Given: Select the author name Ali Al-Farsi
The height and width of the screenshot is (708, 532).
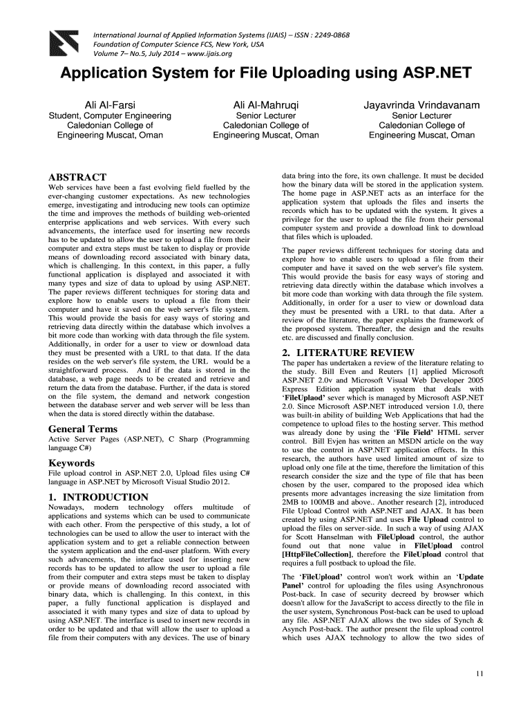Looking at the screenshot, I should (110, 104).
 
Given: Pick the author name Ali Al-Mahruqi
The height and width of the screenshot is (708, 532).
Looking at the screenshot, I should (266, 104).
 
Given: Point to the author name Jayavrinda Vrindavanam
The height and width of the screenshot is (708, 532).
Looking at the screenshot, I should (421, 104).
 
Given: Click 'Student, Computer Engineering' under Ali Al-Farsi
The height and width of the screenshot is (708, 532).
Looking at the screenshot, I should (110, 115).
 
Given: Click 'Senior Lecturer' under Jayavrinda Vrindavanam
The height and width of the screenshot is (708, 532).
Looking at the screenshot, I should (421, 115).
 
